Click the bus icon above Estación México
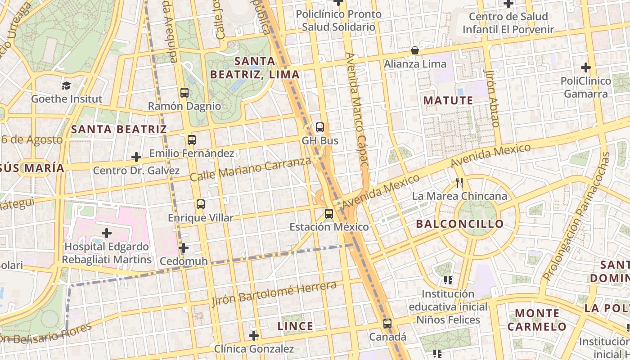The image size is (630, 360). click(329, 213)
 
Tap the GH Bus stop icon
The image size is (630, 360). click(320, 127)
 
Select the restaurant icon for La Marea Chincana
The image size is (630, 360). click(459, 183)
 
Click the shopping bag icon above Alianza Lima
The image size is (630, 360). click(415, 50)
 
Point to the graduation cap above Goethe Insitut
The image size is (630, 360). click(67, 85)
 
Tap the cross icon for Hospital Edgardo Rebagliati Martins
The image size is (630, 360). click(107, 233)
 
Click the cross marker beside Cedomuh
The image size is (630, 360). click(183, 248)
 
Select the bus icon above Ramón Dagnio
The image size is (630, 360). click(184, 93)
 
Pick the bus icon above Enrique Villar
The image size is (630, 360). click(201, 204)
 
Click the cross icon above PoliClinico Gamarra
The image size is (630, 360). click(585, 67)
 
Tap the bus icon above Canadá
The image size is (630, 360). click(387, 323)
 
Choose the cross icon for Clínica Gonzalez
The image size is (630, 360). click(254, 335)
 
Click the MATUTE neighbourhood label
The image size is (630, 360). click(448, 100)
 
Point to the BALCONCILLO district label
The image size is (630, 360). click(460, 224)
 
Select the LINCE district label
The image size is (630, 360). click(295, 326)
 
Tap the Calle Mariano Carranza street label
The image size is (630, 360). click(250, 169)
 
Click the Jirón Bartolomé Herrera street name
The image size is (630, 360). click(274, 293)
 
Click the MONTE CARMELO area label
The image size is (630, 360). click(537, 319)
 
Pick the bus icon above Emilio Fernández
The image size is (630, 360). click(192, 139)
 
